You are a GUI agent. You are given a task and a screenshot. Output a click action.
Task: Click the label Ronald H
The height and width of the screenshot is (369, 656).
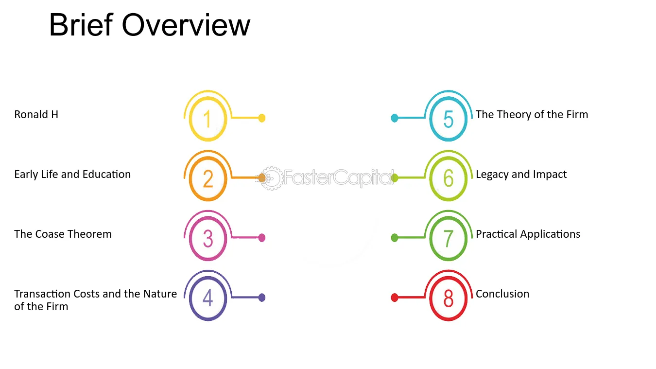36,115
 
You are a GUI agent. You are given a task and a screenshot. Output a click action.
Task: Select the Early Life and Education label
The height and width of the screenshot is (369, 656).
72,175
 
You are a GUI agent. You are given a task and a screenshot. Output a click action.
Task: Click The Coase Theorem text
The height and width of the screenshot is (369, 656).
63,234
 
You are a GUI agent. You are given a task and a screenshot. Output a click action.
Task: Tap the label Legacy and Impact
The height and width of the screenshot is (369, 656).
521,175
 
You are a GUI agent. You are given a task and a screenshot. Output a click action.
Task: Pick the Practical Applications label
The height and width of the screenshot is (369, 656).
528,234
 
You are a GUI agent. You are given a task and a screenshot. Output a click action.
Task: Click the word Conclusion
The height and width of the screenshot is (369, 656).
502,294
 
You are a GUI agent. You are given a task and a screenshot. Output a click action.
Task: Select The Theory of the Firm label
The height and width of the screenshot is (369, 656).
532,115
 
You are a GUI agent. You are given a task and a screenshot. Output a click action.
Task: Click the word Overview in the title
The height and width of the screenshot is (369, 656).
186,25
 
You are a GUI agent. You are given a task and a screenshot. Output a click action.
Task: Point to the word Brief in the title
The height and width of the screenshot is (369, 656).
81,25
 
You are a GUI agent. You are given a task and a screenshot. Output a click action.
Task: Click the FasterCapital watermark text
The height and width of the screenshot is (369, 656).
339,177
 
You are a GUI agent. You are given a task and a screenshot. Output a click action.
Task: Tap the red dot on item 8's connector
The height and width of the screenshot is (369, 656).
395,298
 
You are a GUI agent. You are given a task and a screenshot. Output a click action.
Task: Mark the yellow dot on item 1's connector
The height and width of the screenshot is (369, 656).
262,118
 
